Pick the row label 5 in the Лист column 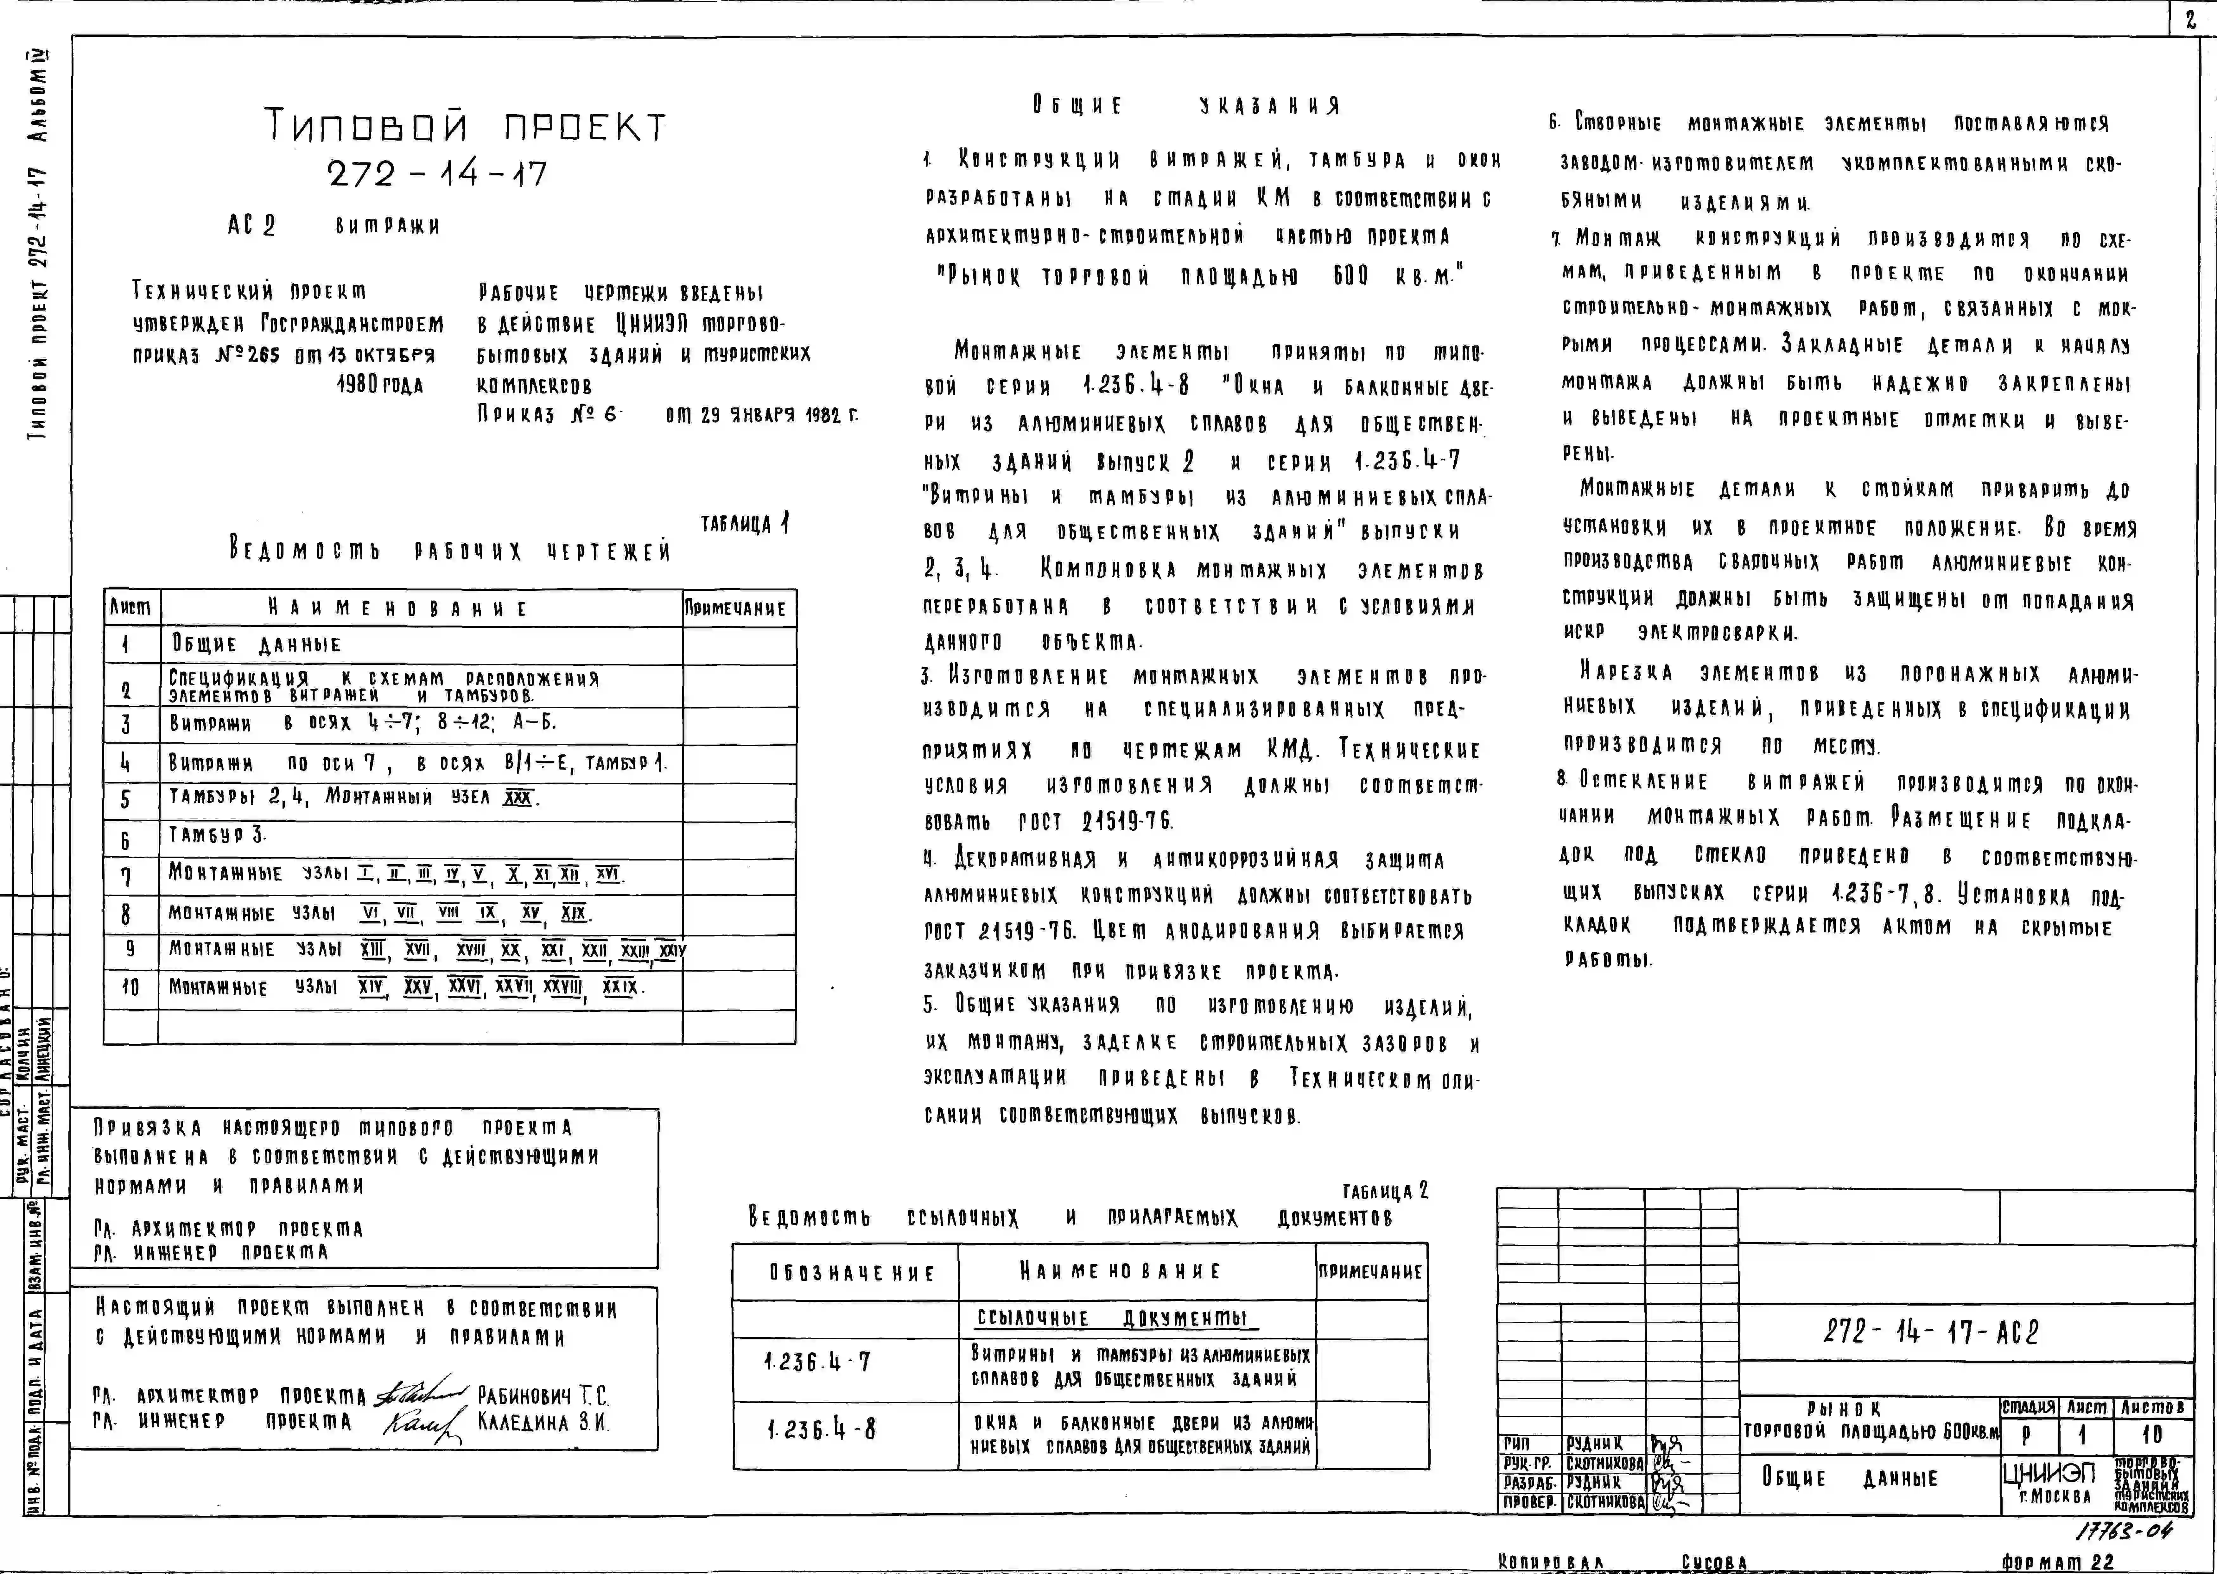(125, 800)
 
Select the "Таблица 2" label (1385, 1191)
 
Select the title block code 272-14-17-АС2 (1930, 1333)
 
